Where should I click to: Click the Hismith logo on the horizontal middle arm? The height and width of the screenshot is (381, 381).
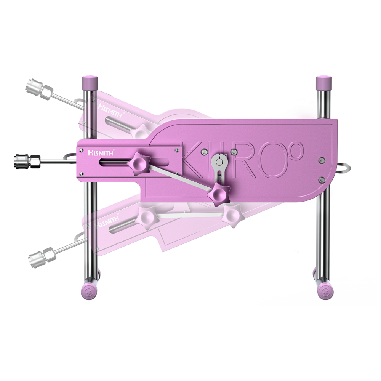click(99, 152)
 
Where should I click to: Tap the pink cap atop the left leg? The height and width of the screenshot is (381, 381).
click(90, 82)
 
